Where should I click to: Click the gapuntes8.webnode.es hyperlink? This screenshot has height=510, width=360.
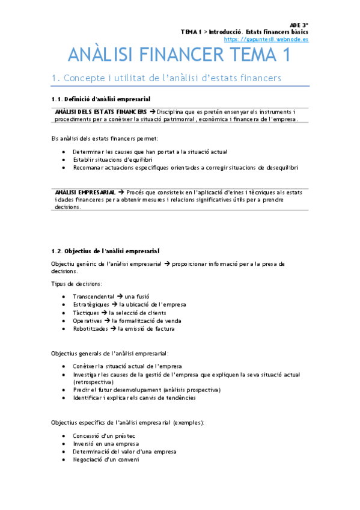(x=266, y=39)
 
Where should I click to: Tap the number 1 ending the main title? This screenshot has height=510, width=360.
(x=285, y=56)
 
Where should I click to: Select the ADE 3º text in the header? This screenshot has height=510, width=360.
(x=299, y=25)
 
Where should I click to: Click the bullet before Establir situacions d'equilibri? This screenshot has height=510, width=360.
(x=64, y=160)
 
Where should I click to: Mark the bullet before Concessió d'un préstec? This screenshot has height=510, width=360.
(x=64, y=435)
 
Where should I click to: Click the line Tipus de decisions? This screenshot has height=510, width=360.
(x=76, y=283)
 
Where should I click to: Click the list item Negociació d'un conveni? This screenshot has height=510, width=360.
(x=106, y=460)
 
